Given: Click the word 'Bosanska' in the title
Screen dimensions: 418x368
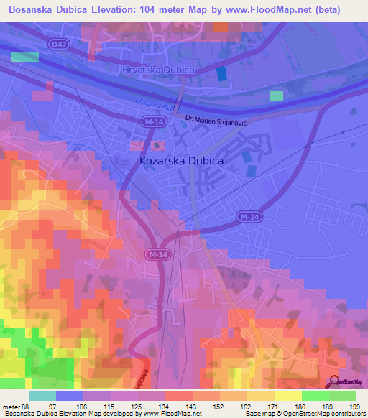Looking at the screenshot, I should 29,9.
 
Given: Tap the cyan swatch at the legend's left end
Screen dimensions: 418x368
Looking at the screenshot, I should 42,396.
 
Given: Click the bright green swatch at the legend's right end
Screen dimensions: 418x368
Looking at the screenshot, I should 342,396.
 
